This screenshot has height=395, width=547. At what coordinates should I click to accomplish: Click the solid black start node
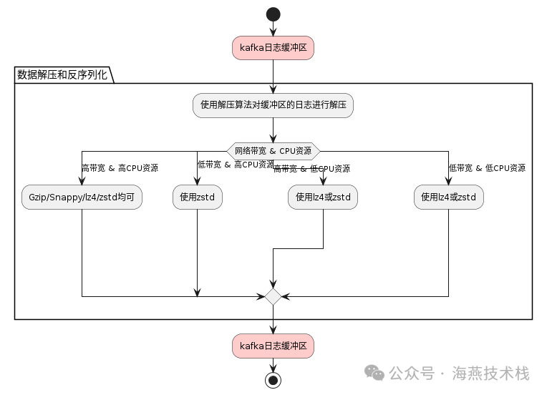[273, 14]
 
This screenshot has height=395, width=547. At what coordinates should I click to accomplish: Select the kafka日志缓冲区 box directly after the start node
[273, 48]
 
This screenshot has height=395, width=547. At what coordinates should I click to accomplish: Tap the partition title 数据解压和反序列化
[62, 74]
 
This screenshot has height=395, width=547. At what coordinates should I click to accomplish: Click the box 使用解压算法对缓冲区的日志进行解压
[273, 105]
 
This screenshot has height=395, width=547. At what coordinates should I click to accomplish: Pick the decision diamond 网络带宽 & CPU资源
[273, 151]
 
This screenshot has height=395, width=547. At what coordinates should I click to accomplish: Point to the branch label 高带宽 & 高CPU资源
[120, 168]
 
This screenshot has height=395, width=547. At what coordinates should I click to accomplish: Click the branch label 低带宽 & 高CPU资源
[236, 164]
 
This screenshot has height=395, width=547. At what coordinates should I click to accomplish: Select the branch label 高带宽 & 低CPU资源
[312, 169]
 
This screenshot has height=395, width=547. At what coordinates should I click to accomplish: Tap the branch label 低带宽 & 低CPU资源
[487, 168]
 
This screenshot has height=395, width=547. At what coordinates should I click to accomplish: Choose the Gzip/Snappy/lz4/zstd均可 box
[82, 197]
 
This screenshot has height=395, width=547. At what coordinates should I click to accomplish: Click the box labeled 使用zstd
[197, 197]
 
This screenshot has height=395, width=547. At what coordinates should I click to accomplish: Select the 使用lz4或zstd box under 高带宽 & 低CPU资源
[323, 197]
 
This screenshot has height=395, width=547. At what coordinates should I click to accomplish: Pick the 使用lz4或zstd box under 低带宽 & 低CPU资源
[449, 197]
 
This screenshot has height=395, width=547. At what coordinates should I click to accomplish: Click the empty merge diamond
[273, 296]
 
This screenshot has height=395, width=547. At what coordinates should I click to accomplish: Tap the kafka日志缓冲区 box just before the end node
[273, 346]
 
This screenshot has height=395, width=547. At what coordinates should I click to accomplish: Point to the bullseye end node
[273, 379]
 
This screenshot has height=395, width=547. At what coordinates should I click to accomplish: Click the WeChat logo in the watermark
[374, 373]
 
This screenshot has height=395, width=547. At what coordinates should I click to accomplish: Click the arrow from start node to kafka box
[273, 29]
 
